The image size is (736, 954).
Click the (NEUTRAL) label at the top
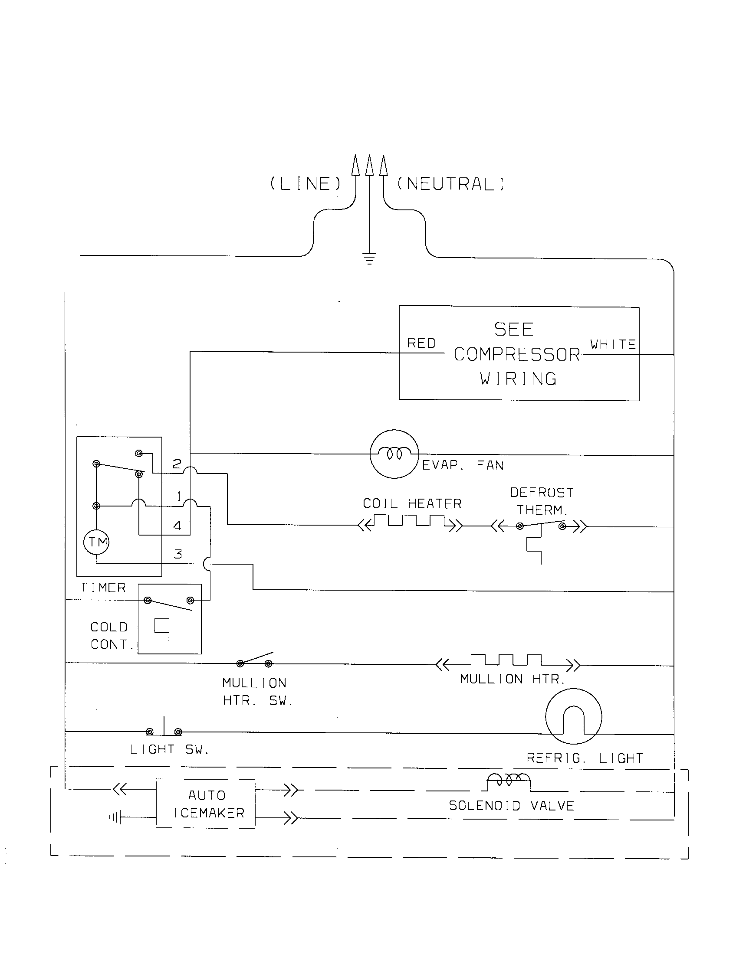450,184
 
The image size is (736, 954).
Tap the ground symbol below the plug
369,259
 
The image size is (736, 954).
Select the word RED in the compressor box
421,343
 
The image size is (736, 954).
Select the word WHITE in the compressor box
613,344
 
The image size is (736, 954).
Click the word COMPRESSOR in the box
516,354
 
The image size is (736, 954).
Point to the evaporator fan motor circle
394,454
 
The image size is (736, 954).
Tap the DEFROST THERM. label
542,501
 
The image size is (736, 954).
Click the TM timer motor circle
96,542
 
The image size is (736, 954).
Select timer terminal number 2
177,464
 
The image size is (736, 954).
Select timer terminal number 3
177,554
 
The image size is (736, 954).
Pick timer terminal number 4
177,526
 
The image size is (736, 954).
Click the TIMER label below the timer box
103,588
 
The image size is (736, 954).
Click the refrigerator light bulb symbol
573,716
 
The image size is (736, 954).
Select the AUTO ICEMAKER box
206,803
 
